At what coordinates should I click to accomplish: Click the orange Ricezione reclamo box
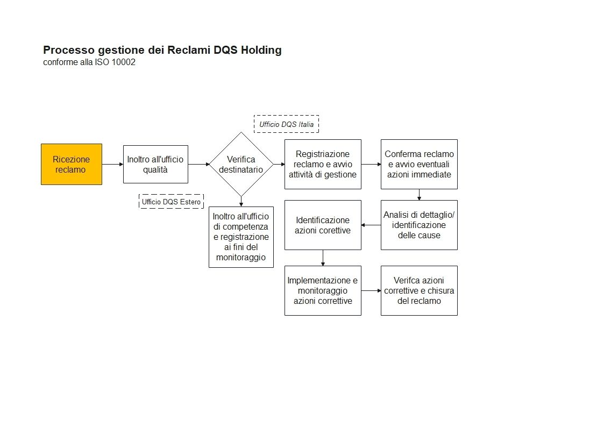tap(72, 164)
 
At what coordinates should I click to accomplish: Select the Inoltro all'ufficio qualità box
tap(155, 164)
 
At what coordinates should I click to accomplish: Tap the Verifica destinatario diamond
tap(241, 164)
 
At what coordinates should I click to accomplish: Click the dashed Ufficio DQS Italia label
tap(286, 124)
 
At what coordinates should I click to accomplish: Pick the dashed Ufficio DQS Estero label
tap(171, 202)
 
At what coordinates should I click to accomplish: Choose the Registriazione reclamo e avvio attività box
tap(323, 164)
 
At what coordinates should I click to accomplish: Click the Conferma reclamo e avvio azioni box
tap(419, 164)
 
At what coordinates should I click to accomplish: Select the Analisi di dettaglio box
tap(419, 225)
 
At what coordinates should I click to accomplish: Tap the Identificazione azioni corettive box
tap(323, 225)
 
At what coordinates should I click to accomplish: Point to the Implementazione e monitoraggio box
tap(323, 290)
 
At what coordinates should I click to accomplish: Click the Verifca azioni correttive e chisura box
tap(419, 290)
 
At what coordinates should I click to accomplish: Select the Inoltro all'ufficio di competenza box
tap(241, 237)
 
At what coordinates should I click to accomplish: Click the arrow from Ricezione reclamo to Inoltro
tap(112, 164)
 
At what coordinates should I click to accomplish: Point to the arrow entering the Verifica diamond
tap(198, 164)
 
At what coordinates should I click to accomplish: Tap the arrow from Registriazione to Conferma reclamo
tap(371, 164)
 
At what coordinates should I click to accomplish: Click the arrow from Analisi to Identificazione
tap(371, 225)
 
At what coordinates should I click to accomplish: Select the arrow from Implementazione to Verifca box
tap(371, 290)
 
